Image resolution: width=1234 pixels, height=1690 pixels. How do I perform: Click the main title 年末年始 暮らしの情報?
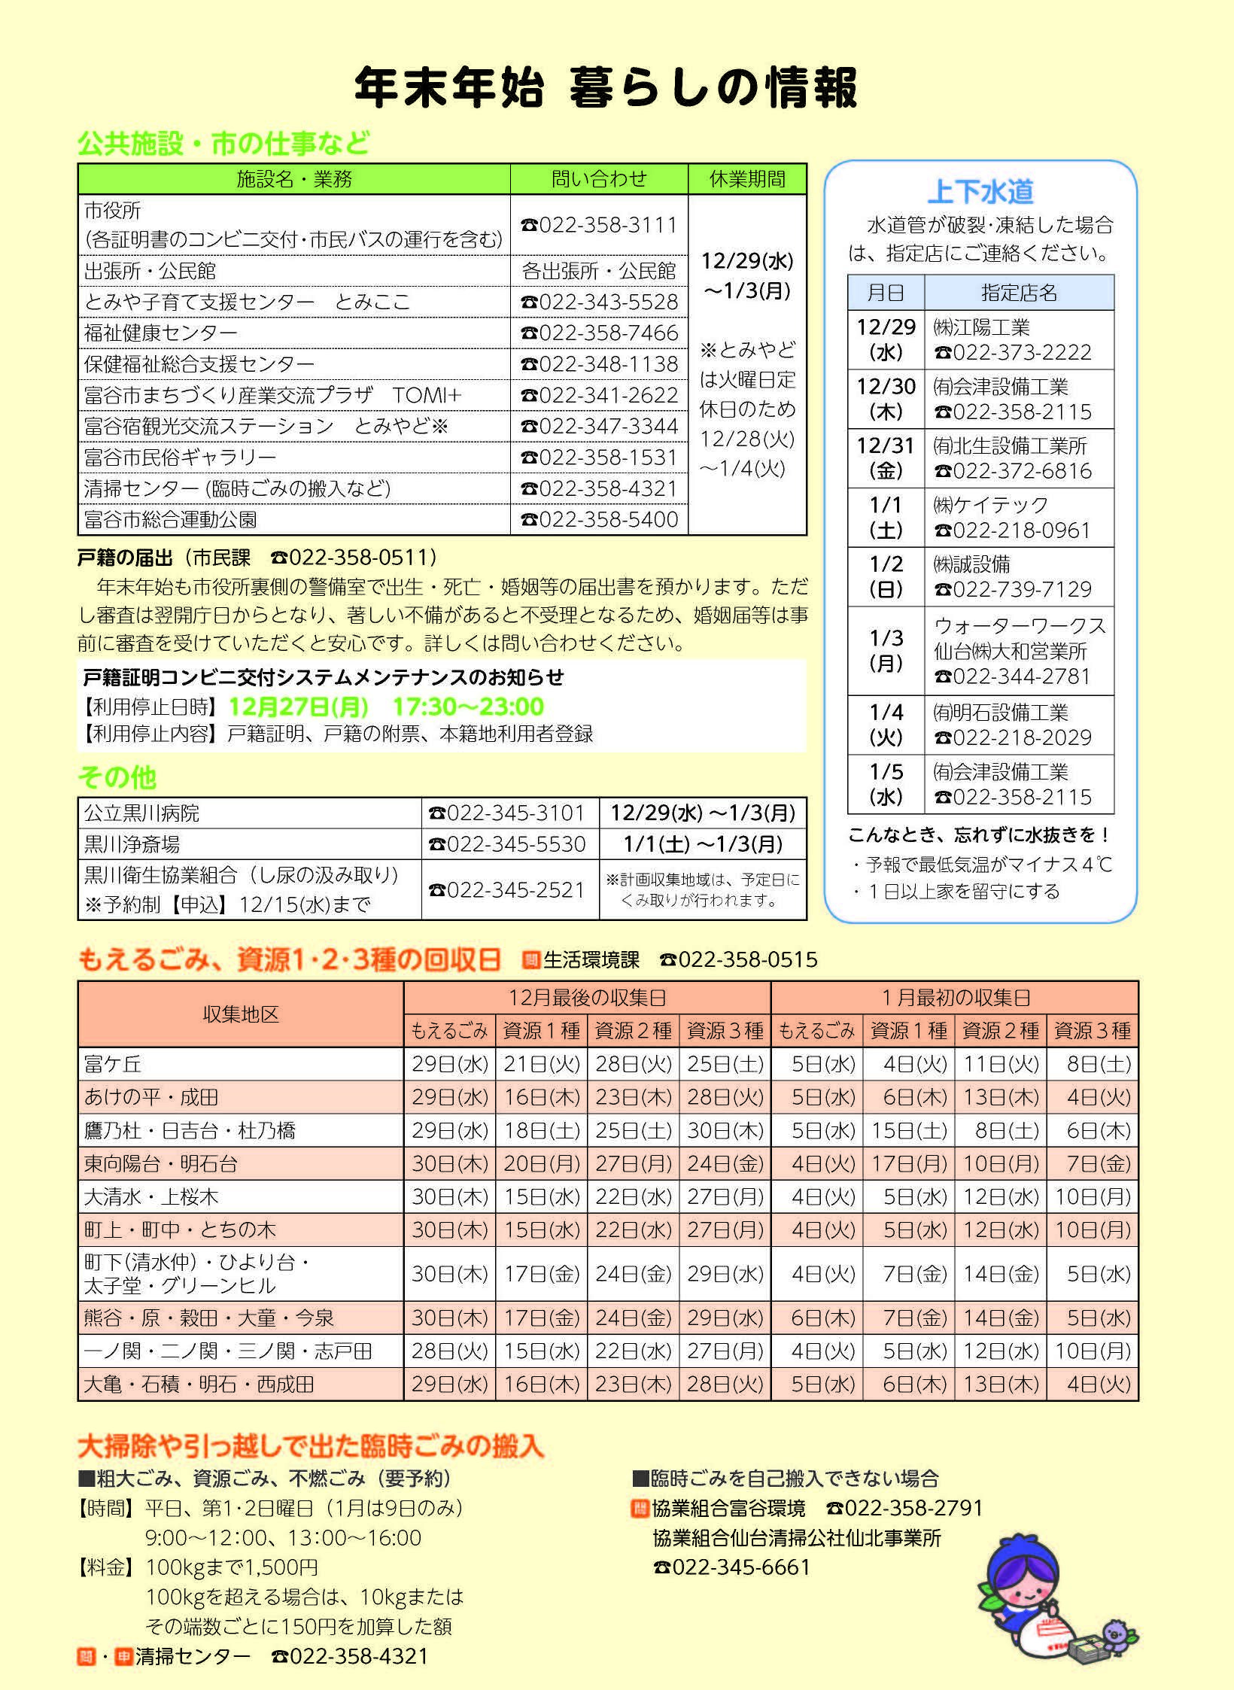point(606,88)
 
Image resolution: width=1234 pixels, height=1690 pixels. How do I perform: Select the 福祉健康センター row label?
point(161,333)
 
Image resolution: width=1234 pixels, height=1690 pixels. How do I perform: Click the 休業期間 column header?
point(747,179)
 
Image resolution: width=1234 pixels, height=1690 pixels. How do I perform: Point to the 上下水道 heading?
point(980,192)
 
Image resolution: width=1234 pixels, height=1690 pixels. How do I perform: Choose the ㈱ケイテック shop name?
point(991,505)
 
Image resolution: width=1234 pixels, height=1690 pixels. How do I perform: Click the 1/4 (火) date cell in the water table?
point(886,725)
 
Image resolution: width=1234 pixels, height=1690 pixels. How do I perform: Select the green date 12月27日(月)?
point(299,707)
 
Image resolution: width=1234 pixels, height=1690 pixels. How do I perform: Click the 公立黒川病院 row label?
point(142,813)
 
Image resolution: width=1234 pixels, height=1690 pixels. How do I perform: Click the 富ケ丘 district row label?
point(113,1064)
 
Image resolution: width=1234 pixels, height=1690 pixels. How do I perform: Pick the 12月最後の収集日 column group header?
point(587,998)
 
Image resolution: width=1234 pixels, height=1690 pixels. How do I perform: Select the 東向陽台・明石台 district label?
point(161,1164)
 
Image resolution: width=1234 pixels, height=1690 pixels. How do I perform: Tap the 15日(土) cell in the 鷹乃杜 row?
point(909,1131)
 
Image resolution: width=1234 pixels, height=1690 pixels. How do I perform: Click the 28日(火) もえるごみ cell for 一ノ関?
point(449,1351)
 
